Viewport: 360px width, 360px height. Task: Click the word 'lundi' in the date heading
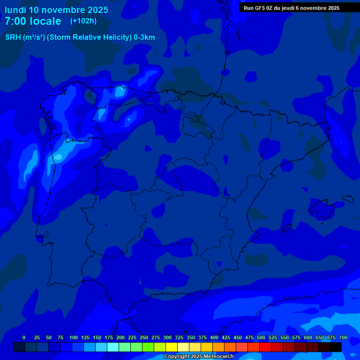(x=15, y=10)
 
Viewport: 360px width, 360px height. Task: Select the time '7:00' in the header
(x=16, y=21)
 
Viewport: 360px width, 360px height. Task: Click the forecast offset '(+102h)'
(x=83, y=21)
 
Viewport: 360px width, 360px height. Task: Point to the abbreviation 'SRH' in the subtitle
(x=13, y=37)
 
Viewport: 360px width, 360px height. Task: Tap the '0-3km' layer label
(x=144, y=37)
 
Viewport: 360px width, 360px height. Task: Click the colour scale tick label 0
(x=24, y=337)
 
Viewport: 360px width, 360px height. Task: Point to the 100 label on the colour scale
(x=74, y=337)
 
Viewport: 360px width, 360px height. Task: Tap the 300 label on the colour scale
(x=167, y=337)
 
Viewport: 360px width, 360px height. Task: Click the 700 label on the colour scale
(x=343, y=337)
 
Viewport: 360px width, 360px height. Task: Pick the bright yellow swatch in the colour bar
(x=172, y=347)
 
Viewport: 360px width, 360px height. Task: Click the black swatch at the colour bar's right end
(x=336, y=347)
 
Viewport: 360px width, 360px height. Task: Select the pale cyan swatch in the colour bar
(x=113, y=347)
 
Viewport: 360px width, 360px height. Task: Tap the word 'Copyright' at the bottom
(x=176, y=357)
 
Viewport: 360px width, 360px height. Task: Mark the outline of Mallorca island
(x=322, y=207)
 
